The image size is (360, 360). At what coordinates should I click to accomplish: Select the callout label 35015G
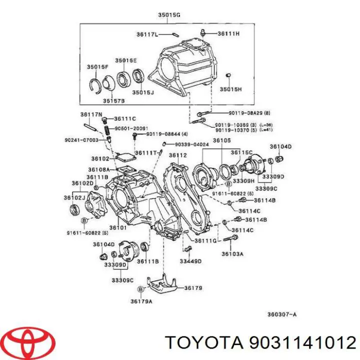pyautogui.click(x=169, y=15)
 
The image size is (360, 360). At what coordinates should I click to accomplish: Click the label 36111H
pyautogui.click(x=228, y=33)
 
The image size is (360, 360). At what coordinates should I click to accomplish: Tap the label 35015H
pyautogui.click(x=230, y=89)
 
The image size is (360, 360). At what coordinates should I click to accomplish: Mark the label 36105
pyautogui.click(x=221, y=140)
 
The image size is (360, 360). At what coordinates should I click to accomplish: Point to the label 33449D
pyautogui.click(x=190, y=260)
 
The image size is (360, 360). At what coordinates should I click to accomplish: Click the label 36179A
pyautogui.click(x=141, y=301)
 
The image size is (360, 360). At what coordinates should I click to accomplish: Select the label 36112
pyautogui.click(x=177, y=155)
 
